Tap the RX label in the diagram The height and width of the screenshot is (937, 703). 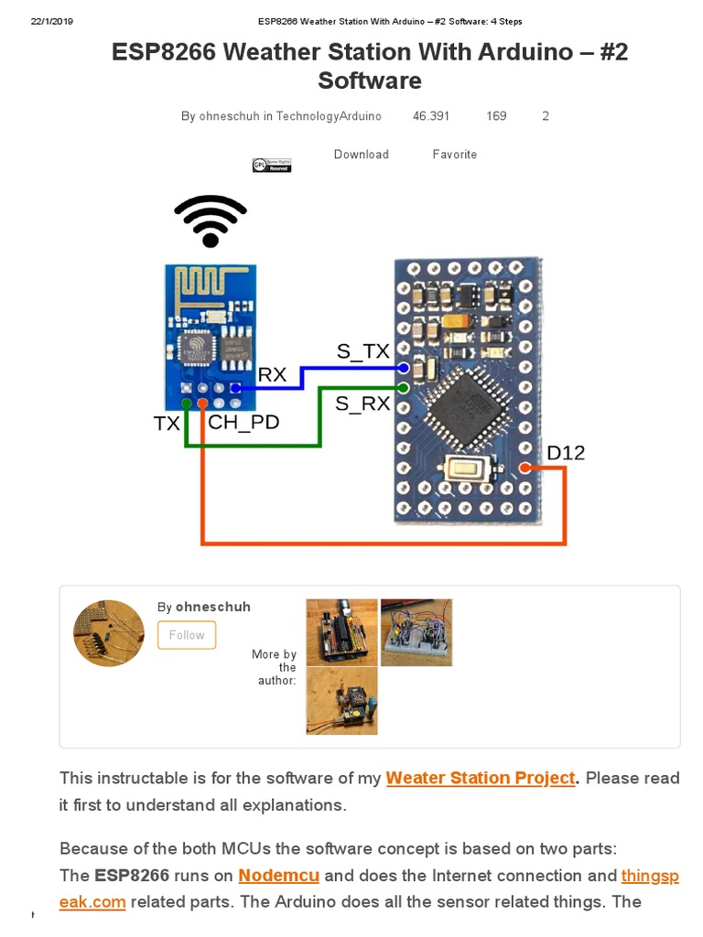point(272,374)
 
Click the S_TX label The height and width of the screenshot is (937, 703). point(362,351)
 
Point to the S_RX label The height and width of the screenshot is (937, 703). point(362,403)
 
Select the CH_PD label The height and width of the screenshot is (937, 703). point(243,423)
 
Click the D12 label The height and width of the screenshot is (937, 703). point(566,453)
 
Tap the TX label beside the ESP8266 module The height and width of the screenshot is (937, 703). point(167,424)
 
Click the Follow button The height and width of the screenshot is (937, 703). point(187,635)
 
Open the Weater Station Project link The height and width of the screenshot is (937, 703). point(481,778)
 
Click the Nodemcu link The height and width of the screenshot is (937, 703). point(279,876)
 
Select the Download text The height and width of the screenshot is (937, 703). point(361,155)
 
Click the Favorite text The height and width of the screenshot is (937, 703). point(455,155)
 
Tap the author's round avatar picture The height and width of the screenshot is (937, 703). point(109,633)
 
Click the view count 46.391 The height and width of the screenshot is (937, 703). point(431,116)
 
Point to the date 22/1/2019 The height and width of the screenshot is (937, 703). point(51,21)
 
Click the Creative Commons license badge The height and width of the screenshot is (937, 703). point(272,166)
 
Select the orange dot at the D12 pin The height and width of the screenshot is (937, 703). point(525,468)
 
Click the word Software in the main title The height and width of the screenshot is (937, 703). point(370,81)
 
